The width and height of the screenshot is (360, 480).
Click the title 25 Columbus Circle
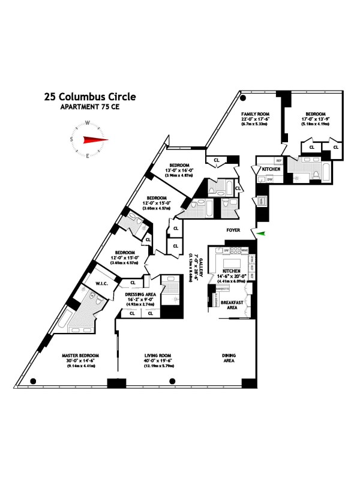coord(89,96)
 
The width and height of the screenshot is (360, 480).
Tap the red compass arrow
coord(95,140)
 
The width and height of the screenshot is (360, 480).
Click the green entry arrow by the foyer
coord(259,234)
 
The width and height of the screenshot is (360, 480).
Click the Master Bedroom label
coord(80,355)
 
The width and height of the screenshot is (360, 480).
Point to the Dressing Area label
coord(140,295)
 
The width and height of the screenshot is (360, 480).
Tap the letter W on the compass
coord(88,124)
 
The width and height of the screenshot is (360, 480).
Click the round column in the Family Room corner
coord(243,99)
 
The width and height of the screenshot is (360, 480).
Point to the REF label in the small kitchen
coord(279,161)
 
